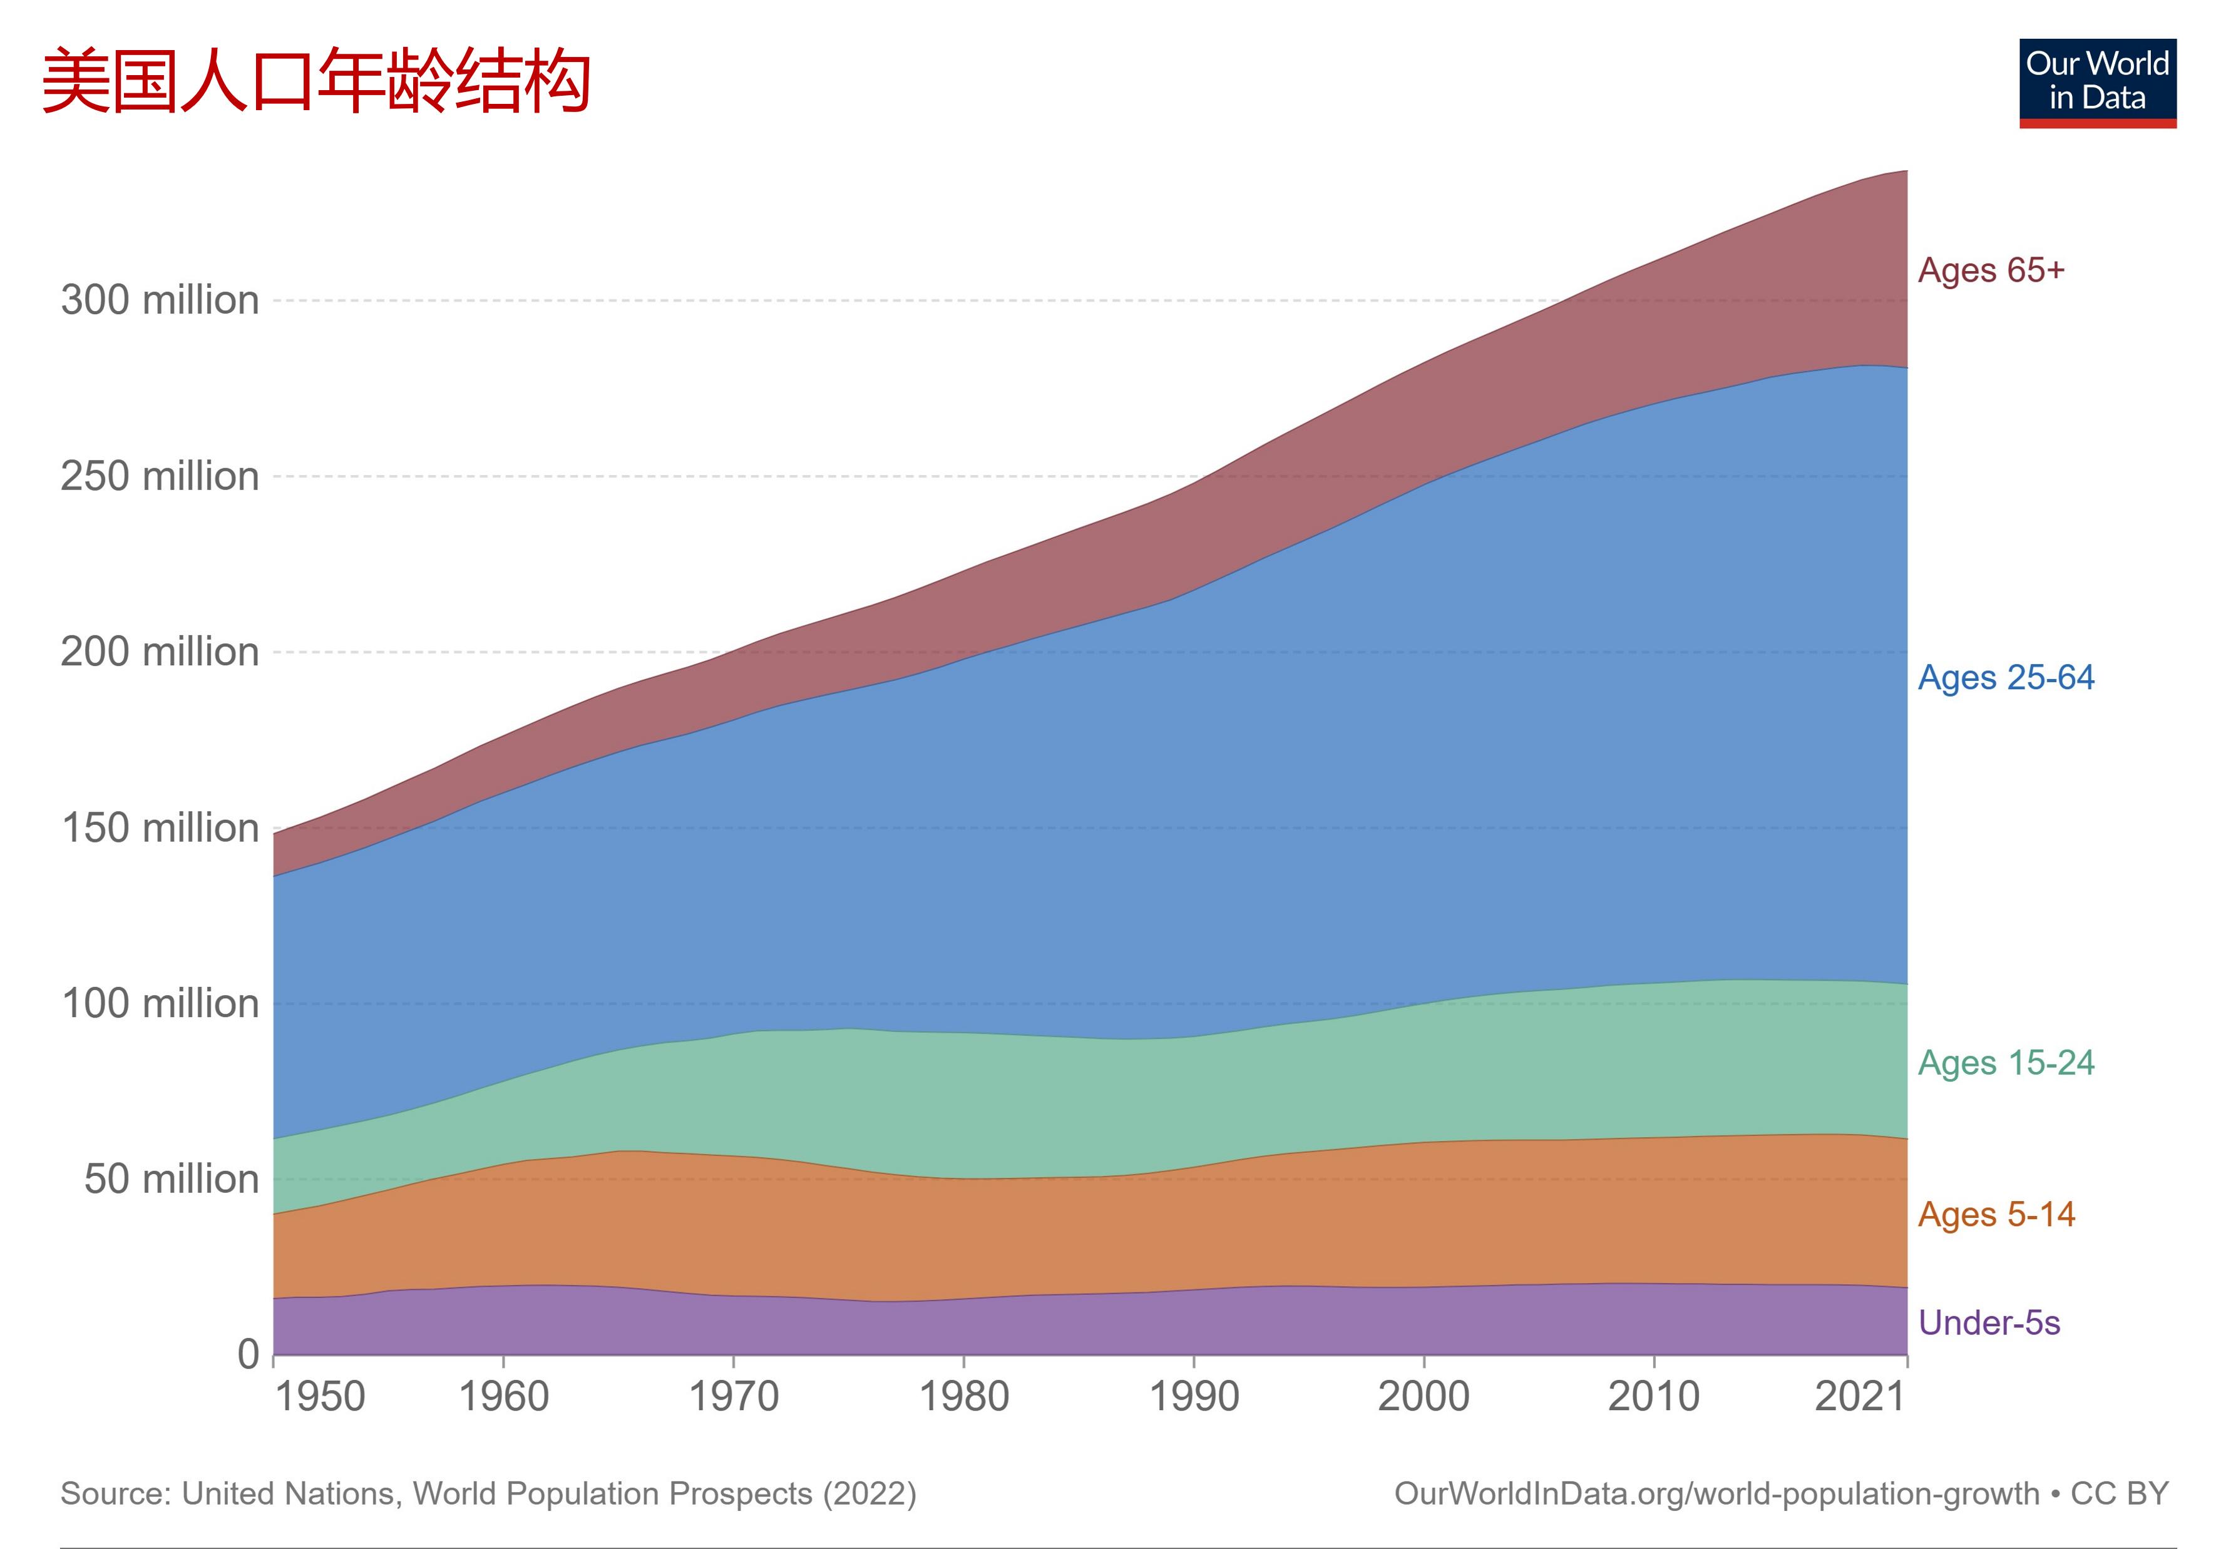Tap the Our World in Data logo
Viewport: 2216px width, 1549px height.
click(x=2096, y=83)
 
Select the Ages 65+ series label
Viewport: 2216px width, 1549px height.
click(x=1990, y=270)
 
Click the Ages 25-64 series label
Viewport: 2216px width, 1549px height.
click(x=2006, y=678)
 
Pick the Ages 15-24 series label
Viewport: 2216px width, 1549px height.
click(x=2006, y=1063)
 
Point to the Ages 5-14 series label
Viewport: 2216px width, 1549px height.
click(x=1995, y=1214)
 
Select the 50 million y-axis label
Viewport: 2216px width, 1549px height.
click(x=172, y=1179)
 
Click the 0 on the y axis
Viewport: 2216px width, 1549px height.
click(x=249, y=1354)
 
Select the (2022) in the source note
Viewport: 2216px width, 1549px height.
click(x=869, y=1494)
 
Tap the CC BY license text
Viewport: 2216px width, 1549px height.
click(x=2120, y=1494)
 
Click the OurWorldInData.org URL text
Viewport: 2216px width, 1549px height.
click(x=1716, y=1494)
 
